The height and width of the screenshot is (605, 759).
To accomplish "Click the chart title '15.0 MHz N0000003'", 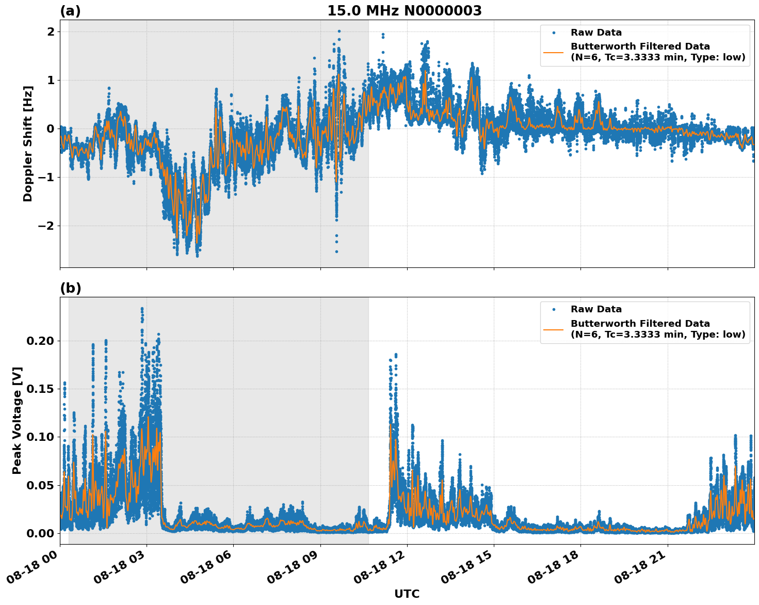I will [x=404, y=11].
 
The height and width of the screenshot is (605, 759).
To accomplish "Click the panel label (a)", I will [x=70, y=11].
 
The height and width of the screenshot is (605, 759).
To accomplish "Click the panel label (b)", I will [x=70, y=288].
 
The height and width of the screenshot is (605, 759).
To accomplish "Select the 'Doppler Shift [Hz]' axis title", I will [x=28, y=144].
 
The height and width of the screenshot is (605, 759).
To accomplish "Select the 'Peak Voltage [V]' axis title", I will [x=17, y=420].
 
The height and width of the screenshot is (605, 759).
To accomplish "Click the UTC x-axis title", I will [x=407, y=594].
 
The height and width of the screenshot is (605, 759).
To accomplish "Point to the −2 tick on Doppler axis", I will [x=45, y=226].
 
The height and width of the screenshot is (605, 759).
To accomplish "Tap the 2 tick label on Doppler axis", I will [x=51, y=32].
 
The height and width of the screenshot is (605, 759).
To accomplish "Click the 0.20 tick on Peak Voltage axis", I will [x=40, y=341].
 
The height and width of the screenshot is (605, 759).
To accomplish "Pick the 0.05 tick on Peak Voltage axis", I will [x=40, y=485].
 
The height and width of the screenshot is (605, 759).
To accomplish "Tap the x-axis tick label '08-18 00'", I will [x=31, y=570].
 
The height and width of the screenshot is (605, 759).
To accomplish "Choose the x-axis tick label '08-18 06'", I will [x=205, y=570].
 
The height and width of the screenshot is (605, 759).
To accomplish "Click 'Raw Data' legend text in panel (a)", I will [x=596, y=33].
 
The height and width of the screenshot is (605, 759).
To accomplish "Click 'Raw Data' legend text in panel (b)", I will [x=596, y=309].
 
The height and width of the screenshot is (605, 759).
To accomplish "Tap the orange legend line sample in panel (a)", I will [x=553, y=52].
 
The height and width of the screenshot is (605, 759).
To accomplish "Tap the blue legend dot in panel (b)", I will [x=553, y=309].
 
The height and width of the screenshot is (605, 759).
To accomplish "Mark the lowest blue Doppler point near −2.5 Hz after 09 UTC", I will [x=336, y=251].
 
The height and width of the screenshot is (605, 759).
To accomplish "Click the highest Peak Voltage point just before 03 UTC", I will [x=142, y=309].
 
